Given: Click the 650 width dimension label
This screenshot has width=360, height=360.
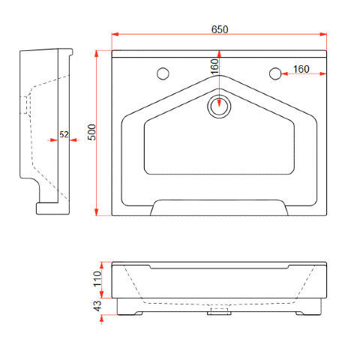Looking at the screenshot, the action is click(220, 29).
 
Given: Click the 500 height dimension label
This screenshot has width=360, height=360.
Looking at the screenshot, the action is click(91, 132).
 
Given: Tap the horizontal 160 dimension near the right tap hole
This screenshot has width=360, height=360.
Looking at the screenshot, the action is click(301, 69).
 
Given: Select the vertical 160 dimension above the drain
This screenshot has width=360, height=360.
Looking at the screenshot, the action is click(214, 67).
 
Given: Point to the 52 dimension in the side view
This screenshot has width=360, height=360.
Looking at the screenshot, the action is click(64, 134).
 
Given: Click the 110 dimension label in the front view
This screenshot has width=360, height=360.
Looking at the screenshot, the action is click(97, 279).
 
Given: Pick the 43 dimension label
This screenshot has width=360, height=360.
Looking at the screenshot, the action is click(97, 306).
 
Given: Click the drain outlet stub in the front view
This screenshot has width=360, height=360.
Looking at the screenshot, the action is click(219, 311).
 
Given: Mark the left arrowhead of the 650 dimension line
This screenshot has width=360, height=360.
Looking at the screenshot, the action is click(115, 34).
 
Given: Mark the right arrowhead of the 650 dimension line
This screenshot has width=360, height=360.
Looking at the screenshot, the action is click(323, 34).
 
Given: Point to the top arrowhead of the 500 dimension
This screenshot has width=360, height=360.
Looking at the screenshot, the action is click(97, 54).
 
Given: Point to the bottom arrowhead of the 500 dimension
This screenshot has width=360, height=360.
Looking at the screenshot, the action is click(97, 212).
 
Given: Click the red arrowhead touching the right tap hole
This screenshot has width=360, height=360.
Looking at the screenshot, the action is click(285, 73).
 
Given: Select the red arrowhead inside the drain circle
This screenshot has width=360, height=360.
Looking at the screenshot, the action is click(219, 103).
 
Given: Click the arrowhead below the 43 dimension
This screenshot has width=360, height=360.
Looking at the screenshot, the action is click(101, 318).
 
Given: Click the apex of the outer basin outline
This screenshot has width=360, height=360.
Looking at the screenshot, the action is click(219, 75).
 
